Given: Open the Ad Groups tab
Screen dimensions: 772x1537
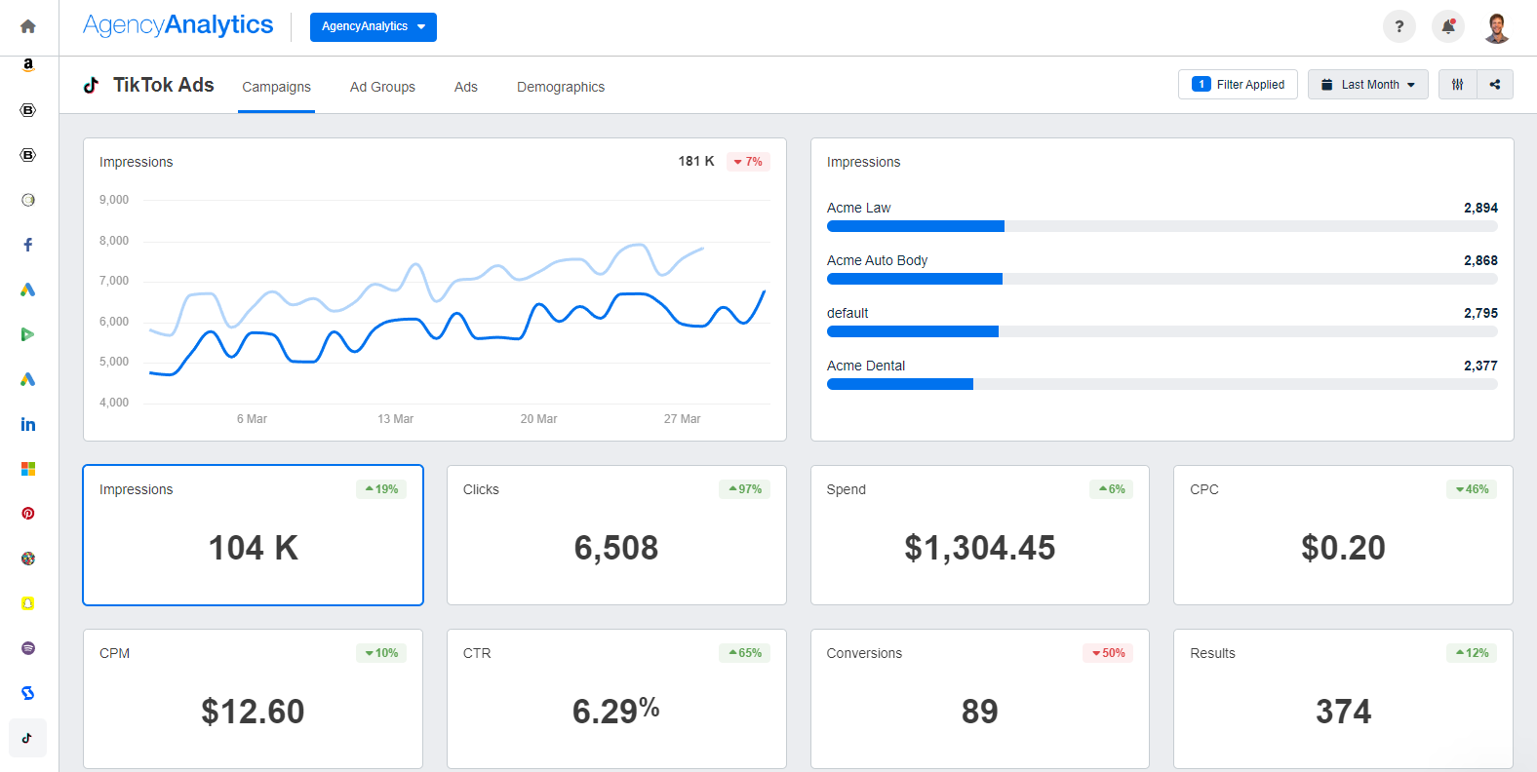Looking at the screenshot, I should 382,87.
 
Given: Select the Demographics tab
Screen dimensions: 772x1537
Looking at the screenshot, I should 561,87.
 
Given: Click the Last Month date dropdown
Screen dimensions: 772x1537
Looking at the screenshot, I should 1367,85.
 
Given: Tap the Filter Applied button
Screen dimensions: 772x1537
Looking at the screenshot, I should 1238,85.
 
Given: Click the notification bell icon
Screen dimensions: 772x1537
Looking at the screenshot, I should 1448,26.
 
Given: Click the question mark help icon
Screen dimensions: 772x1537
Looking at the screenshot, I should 1399,26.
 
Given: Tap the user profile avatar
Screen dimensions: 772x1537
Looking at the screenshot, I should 1497,27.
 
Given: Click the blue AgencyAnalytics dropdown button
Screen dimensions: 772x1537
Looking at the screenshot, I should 373,26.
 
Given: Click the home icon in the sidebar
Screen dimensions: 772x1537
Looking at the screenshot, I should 28,26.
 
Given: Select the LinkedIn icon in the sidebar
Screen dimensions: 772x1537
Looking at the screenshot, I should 28,424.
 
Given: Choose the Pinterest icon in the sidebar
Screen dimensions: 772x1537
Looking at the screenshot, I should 28,514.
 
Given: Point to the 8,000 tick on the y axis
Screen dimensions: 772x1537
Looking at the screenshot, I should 114,241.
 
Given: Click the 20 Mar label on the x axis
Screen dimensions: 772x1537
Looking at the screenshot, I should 538,419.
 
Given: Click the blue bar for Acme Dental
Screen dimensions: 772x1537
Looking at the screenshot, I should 899,384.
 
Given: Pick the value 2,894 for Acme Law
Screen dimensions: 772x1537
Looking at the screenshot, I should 1480,208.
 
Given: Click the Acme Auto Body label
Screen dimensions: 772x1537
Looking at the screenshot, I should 877,260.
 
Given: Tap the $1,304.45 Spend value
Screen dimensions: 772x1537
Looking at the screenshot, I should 979,548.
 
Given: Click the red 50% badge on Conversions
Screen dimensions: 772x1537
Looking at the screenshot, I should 1108,653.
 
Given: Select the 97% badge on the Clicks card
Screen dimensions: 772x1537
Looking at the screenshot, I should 745,489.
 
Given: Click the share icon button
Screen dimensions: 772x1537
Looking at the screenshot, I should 1495,85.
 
